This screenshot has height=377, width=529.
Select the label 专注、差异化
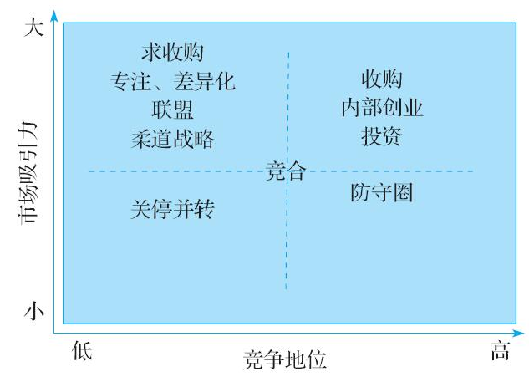coord(172,82)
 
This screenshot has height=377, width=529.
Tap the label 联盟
coord(172,110)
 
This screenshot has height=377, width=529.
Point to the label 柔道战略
coord(172,138)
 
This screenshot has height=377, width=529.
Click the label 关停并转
coord(172,209)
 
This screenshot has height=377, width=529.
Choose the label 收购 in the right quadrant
coord(381,80)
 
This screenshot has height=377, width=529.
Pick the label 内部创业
coord(381,109)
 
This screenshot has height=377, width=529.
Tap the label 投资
coord(381,137)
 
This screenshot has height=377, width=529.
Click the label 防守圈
coord(381,194)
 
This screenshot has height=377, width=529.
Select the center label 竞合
coord(286,172)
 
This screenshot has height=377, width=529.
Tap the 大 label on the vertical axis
coord(33,28)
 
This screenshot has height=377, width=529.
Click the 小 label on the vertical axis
coord(33,312)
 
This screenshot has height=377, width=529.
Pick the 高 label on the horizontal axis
coord(499,352)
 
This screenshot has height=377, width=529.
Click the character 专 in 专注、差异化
coord(120,82)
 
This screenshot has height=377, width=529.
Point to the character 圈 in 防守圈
coord(403,194)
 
